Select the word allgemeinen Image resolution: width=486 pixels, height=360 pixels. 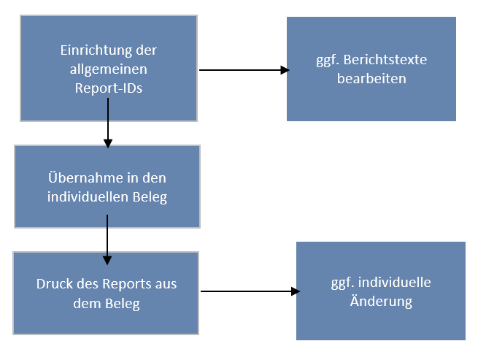[108, 69]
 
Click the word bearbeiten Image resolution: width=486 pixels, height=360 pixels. [371, 78]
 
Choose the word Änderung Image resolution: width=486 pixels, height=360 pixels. [380, 301]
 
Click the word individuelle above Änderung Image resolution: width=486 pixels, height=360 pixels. [397, 283]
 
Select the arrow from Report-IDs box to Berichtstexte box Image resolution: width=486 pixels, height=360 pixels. [241, 70]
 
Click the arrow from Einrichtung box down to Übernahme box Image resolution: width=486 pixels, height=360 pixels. [108, 120]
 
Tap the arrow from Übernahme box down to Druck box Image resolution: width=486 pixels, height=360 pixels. [107, 237]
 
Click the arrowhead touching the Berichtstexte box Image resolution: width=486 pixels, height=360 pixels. [285, 70]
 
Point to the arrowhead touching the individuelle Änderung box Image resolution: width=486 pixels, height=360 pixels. [295, 291]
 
